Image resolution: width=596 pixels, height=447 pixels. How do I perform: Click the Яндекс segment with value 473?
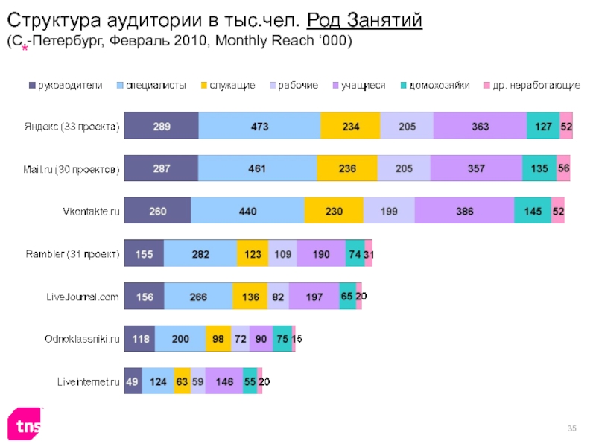coord(259,126)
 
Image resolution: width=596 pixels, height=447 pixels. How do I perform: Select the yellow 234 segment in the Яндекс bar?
coord(350,126)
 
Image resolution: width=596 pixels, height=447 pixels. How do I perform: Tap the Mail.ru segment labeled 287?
coord(161,169)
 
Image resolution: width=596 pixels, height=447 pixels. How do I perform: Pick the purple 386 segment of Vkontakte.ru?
coord(464,212)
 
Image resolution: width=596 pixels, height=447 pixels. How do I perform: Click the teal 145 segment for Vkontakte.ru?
coord(533,212)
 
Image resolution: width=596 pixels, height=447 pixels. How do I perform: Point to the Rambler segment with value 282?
coord(200,254)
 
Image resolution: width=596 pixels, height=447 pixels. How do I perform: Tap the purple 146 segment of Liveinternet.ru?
coord(223,381)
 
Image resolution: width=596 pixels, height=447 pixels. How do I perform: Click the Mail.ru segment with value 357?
coord(475,169)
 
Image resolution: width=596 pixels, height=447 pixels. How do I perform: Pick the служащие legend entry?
coord(226,86)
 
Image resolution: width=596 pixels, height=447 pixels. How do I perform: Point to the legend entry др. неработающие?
coord(532,86)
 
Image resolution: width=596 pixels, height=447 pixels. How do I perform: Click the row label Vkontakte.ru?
coord(91,212)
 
